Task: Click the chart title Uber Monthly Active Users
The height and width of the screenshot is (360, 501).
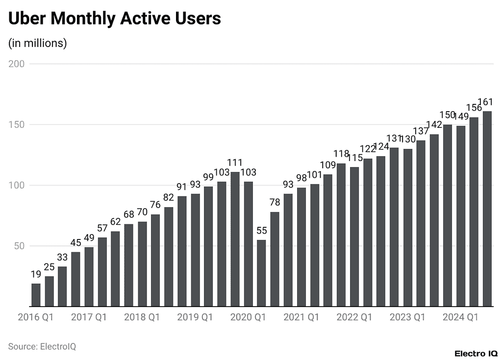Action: [x=115, y=19]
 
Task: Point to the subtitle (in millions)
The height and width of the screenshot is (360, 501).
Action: [x=37, y=43]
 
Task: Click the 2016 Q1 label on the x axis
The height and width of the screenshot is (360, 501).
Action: [x=35, y=317]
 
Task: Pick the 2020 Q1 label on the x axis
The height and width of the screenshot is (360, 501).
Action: [x=248, y=317]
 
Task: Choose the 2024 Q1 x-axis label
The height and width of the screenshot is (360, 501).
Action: [x=460, y=317]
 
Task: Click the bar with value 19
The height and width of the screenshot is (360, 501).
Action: [x=36, y=295]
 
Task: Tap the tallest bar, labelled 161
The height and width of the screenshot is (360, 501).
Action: [x=487, y=209]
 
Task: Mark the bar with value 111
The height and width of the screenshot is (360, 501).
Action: [x=235, y=239]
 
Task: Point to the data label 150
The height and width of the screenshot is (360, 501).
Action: [x=448, y=115]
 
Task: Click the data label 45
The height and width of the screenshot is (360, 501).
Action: [x=75, y=243]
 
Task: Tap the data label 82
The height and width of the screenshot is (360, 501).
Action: [x=169, y=198]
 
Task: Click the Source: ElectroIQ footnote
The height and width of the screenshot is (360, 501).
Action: [x=42, y=346]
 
